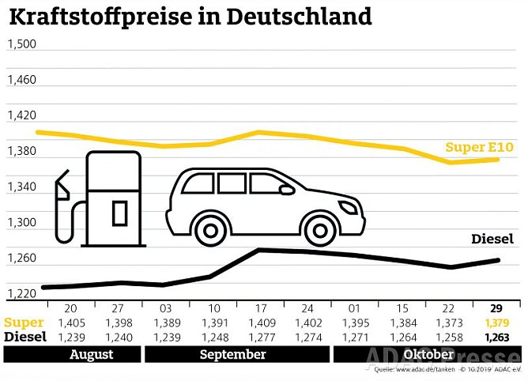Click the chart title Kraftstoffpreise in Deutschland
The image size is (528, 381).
tap(189, 17)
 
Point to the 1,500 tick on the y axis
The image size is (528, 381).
tap(22, 43)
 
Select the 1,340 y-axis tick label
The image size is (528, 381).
tap(22, 187)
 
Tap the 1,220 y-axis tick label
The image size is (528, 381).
tap(22, 294)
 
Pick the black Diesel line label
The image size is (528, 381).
tap(493, 239)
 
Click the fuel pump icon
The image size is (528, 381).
tap(99, 198)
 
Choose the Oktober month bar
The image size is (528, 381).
tap(426, 355)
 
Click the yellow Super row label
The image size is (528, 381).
tap(25, 323)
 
